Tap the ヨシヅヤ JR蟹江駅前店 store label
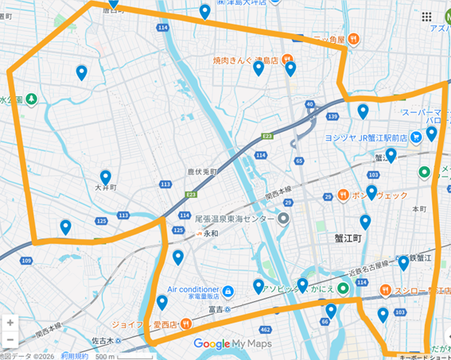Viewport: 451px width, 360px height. point(365,137)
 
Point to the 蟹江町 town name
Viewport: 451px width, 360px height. point(348,238)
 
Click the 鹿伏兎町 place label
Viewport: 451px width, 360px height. point(202,172)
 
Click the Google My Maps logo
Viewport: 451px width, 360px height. point(232,344)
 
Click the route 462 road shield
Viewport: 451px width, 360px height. point(265,328)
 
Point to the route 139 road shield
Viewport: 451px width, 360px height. point(332,117)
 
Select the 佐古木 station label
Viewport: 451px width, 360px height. point(103,340)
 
